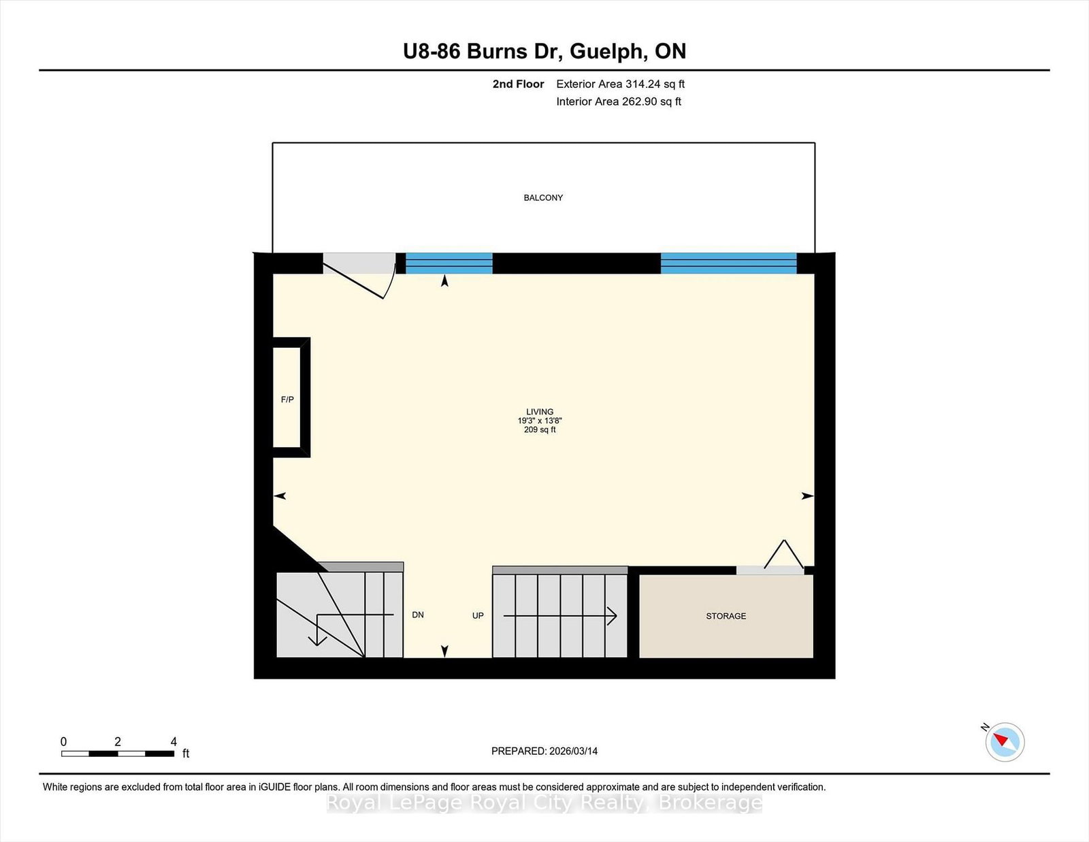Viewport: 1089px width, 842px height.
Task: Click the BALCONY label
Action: click(543, 198)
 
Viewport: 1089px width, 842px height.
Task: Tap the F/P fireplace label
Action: click(287, 400)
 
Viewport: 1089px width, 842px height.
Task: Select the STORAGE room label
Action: click(726, 616)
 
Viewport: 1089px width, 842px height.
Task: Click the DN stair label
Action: click(417, 615)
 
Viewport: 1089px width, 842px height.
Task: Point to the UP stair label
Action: click(478, 615)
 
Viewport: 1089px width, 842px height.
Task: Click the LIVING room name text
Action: click(540, 412)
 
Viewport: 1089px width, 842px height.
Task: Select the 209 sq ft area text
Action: click(540, 430)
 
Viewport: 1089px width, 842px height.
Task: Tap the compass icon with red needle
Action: click(1005, 742)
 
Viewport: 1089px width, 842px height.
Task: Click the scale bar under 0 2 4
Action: click(118, 754)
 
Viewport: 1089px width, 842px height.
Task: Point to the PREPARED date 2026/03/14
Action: click(544, 751)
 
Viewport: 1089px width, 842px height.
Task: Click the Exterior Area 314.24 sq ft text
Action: click(621, 84)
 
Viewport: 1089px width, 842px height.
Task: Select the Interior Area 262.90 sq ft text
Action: click(619, 101)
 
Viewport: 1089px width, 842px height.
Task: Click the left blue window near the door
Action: click(449, 263)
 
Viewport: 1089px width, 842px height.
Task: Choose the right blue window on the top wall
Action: click(729, 263)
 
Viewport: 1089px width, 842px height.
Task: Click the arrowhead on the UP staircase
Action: click(613, 615)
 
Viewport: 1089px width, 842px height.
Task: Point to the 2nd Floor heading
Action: click(518, 84)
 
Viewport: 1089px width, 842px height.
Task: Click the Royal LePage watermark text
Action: click(544, 803)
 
